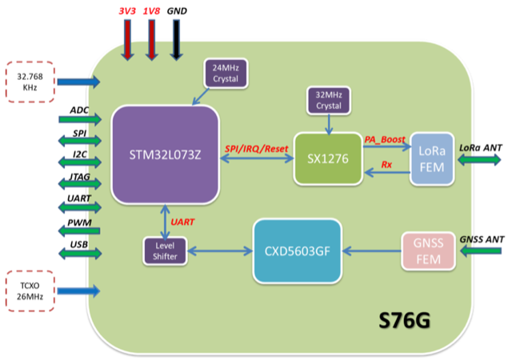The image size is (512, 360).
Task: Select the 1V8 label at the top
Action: click(152, 10)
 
